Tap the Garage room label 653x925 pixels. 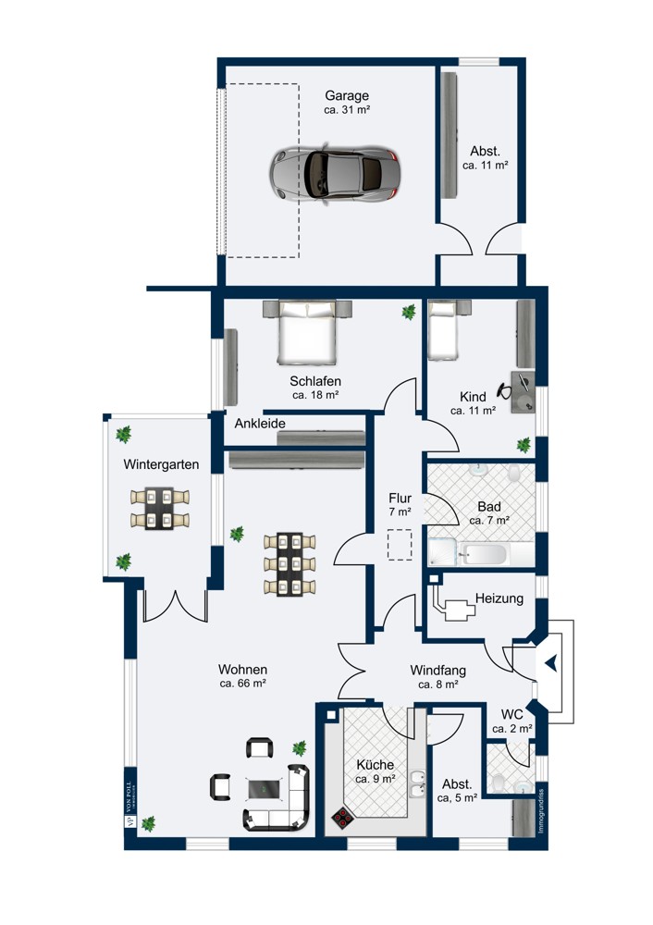347,95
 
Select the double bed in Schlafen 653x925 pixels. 308,333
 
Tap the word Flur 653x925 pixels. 400,498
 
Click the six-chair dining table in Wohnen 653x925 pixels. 290,563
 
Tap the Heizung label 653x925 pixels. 499,598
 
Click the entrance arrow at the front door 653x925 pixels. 551,662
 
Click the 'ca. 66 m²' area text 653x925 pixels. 243,684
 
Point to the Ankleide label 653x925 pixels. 260,424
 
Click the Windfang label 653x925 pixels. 437,670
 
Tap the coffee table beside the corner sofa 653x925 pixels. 263,787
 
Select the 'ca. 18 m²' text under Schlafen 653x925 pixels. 315,395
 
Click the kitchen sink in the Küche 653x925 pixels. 418,785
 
